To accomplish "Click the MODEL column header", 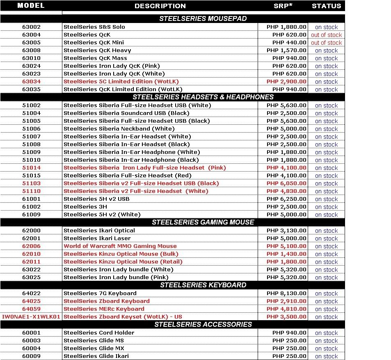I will click(31, 6).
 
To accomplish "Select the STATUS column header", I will click(326, 6).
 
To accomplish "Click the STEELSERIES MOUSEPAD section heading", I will click(203, 19).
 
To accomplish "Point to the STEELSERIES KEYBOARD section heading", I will click(203, 285).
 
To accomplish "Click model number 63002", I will click(31, 27).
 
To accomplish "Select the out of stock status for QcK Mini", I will click(326, 43).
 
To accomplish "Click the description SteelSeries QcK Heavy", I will click(97, 50).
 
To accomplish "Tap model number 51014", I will click(31, 168).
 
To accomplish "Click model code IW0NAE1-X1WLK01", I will click(31, 317).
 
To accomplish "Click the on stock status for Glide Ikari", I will click(326, 356).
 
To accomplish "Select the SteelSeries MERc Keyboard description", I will click(104, 309).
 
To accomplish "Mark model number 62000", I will click(31, 231).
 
